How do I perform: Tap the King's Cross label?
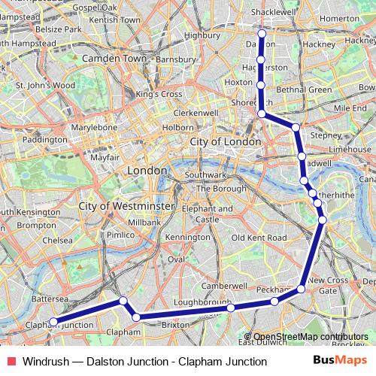[x=159, y=94]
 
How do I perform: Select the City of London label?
[x=225, y=142]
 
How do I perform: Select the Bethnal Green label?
[x=299, y=89]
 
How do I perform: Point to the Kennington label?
[x=188, y=238]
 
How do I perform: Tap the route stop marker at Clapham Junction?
[x=53, y=322]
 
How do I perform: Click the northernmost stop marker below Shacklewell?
[x=262, y=34]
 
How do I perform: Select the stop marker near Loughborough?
[x=230, y=307]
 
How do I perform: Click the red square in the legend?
[x=9, y=361]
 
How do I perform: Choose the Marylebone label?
[x=95, y=128]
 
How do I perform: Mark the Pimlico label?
[x=120, y=235]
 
